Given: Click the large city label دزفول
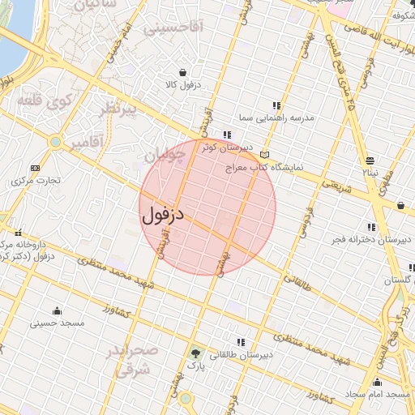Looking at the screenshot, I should coord(164,215).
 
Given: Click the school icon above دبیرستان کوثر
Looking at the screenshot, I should coord(228,135).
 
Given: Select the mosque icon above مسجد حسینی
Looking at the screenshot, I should coord(57,310).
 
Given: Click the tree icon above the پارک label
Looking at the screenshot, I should coord(195,353).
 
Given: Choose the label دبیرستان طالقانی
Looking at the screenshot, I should coord(243,354).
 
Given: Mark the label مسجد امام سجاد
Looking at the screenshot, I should coord(378,394).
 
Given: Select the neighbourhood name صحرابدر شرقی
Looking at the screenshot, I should coord(135,361).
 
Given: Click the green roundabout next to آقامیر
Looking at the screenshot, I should coord(55,142).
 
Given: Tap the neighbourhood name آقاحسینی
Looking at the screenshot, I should coord(175,28).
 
